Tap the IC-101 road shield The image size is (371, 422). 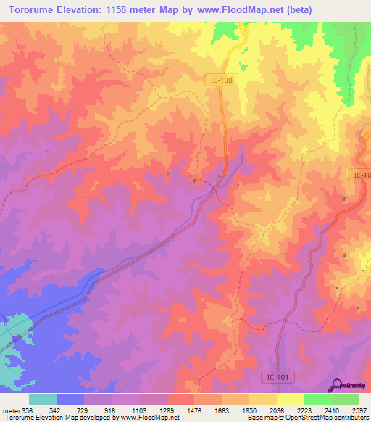pos(275,376)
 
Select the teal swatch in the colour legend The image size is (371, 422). pos(43,400)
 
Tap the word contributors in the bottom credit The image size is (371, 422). pos(351,418)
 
